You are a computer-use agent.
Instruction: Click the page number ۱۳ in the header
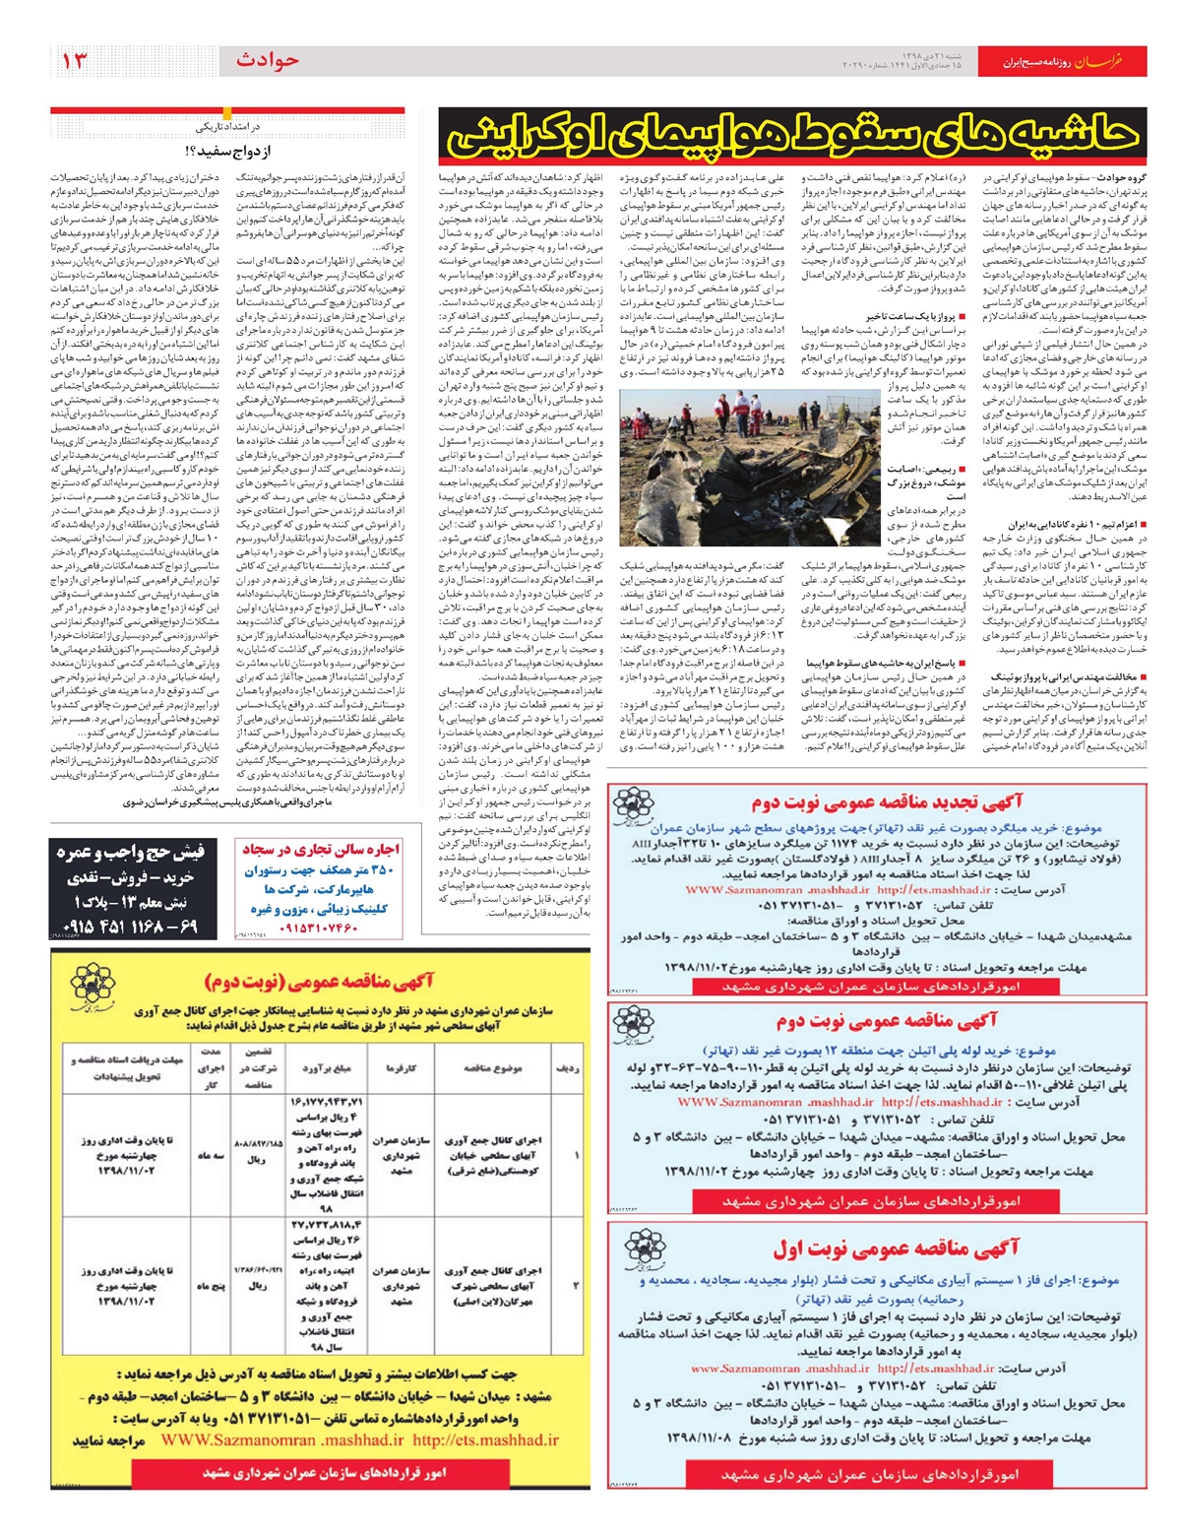coord(76,61)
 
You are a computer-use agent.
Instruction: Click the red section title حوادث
coord(267,61)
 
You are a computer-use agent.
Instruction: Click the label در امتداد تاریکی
coord(227,127)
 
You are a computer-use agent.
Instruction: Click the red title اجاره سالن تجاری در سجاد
coord(321,850)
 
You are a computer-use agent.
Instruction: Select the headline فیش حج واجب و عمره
coord(130,852)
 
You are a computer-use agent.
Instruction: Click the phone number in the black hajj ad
coord(130,927)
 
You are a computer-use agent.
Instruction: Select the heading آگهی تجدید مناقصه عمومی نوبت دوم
coord(887,802)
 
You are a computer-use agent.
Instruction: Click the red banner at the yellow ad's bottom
coord(325,1473)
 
